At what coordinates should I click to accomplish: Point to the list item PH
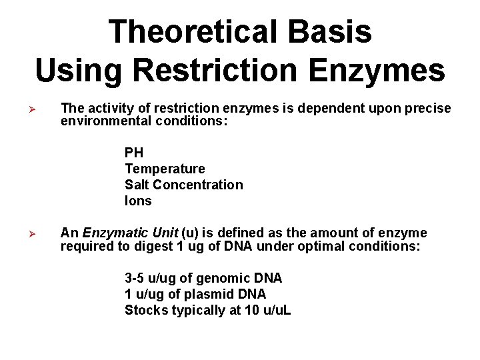(133, 153)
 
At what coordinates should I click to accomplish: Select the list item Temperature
(165, 169)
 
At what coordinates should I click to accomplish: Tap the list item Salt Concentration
(183, 185)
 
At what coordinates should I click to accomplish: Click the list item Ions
(138, 201)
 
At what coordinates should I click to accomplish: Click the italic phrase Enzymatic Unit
(130, 233)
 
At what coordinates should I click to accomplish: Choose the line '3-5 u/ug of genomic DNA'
(203, 278)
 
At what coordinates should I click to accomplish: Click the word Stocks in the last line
(145, 310)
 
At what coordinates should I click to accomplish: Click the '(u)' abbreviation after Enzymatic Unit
(189, 233)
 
